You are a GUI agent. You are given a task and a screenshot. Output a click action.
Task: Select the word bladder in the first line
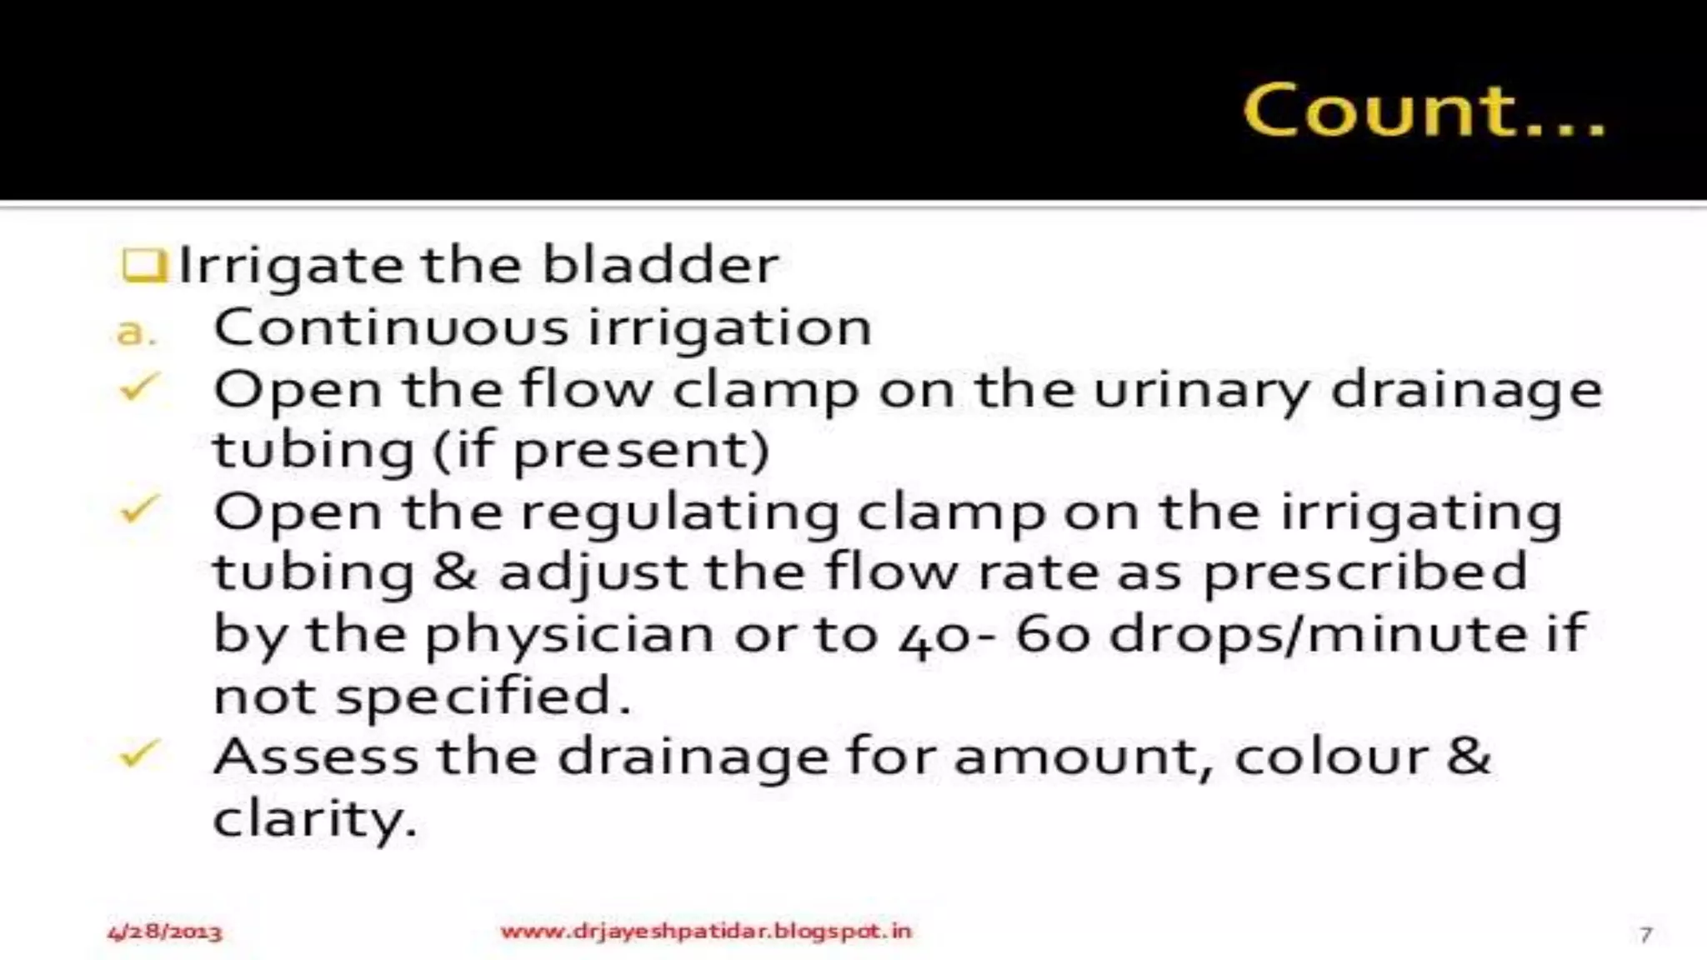[660, 265]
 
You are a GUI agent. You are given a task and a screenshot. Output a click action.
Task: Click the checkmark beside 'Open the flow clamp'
[139, 387]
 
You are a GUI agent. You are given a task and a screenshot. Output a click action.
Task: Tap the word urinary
[1200, 390]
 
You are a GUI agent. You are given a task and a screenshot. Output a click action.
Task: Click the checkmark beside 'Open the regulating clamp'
[139, 508]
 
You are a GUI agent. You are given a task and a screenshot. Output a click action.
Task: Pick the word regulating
[679, 512]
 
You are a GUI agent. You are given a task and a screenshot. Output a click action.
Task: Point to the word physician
[569, 635]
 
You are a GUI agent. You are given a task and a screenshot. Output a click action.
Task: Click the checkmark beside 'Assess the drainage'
[139, 753]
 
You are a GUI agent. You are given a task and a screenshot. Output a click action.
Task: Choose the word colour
[1330, 757]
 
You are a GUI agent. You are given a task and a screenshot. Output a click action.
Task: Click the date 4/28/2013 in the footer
[165, 932]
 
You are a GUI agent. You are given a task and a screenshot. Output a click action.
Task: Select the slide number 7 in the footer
[1645, 934]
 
